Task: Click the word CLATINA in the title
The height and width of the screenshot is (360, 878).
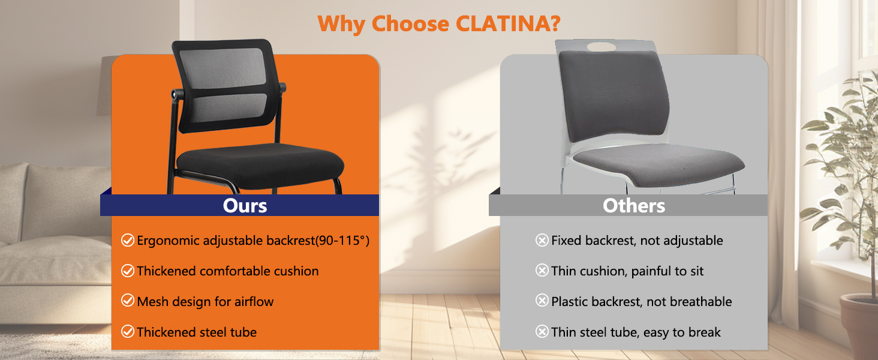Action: pos(508,23)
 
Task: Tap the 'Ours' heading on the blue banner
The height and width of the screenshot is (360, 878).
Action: pos(245,206)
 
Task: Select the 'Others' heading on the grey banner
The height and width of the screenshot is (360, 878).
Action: pos(634,206)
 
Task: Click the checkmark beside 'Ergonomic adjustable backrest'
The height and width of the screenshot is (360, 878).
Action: pos(128,241)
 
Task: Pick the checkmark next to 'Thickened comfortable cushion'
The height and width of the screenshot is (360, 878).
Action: pos(128,271)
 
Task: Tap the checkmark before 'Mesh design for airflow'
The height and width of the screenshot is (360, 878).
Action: pos(128,301)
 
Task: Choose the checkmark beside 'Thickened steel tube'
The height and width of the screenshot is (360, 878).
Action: pos(128,332)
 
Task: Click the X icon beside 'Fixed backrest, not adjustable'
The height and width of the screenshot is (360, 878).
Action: pos(542,241)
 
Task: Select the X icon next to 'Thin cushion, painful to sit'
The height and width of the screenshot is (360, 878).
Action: pos(542,271)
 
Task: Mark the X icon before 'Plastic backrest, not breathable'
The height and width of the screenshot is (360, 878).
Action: pos(542,301)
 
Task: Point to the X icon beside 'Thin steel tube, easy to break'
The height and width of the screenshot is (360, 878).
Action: pos(542,332)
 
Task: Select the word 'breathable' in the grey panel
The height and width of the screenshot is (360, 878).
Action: pos(701,301)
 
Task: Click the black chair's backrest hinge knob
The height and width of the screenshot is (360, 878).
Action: pos(175,94)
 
